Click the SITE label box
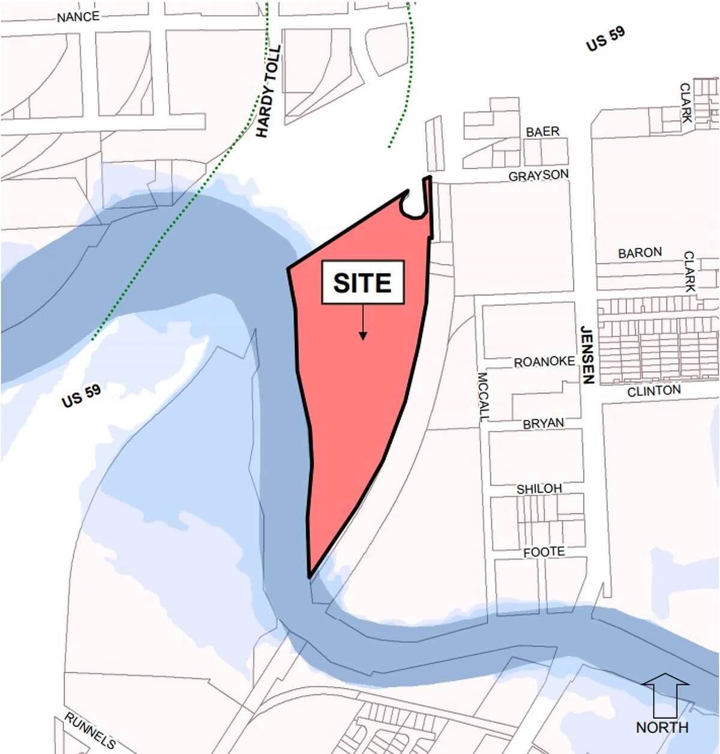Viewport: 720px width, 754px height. [x=362, y=283]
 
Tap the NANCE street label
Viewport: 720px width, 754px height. [x=78, y=16]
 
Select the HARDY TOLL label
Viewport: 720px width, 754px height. [x=268, y=92]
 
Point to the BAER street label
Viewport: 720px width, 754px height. [x=542, y=131]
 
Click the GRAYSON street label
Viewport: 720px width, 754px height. [x=538, y=176]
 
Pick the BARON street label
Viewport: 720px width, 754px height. [x=640, y=253]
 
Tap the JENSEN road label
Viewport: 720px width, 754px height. [x=587, y=355]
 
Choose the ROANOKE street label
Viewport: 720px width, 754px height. [x=544, y=362]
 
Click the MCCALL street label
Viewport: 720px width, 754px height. [x=484, y=396]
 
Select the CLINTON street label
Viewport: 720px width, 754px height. [x=654, y=391]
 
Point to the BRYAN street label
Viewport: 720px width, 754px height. [x=543, y=423]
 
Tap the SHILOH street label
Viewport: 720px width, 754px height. [x=539, y=489]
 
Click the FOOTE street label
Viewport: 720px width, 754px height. [x=544, y=551]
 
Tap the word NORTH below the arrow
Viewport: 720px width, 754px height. [x=662, y=727]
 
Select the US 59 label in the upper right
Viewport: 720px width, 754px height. [x=605, y=40]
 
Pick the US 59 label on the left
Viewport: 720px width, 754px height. [x=81, y=396]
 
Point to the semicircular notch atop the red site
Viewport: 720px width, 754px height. [x=413, y=206]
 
